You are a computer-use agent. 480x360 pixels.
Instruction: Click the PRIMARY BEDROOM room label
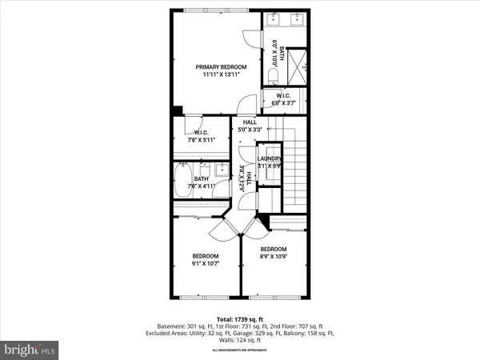[222, 66]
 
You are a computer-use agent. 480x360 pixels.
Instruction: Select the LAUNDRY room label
[272, 158]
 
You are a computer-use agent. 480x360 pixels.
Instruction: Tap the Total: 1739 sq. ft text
[239, 318]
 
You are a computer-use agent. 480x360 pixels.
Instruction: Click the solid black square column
[178, 111]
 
